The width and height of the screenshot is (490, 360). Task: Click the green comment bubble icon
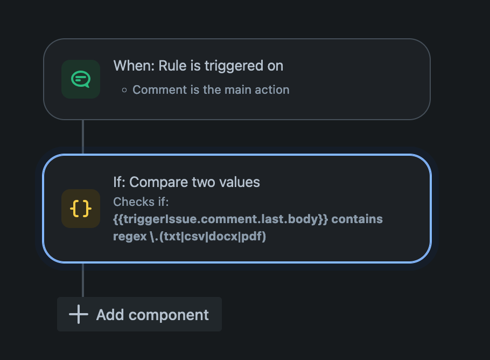81,79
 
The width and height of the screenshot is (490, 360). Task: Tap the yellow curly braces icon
81,209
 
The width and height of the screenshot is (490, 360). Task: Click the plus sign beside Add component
79,314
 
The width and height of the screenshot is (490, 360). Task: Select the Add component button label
152,315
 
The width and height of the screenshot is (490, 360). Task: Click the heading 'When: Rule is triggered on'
198,66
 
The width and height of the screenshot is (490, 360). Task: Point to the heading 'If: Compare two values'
186,182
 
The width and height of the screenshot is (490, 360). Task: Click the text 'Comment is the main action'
211,90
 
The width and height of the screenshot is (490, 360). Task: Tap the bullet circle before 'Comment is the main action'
124,91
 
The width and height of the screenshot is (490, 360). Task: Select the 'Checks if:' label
141,202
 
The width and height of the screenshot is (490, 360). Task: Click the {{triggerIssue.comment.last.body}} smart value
221,219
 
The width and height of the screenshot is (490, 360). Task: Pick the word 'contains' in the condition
357,219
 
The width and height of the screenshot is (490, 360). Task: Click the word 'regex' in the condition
130,237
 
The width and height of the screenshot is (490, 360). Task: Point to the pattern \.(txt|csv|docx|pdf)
208,236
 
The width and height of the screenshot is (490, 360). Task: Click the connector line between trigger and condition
83,137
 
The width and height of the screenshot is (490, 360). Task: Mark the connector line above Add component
83,280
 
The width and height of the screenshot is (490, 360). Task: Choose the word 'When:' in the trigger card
134,66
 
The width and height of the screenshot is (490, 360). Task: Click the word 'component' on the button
169,315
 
